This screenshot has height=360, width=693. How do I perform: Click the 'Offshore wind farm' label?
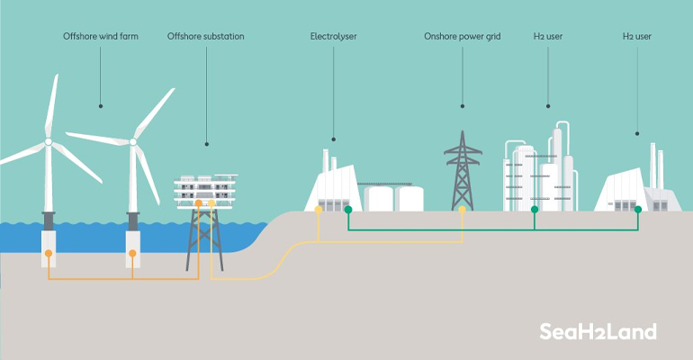[101, 37]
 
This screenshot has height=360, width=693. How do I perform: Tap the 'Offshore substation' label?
[205, 37]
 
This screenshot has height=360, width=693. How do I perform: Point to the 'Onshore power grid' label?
[462, 37]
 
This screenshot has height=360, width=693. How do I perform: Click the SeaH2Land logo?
[598, 331]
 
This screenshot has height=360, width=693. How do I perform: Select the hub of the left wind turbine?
[48, 141]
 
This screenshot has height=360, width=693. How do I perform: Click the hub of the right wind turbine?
[133, 141]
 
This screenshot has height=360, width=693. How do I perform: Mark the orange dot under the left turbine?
[48, 254]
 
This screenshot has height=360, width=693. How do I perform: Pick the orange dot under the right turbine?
[133, 254]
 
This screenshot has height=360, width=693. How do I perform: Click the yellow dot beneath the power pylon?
[463, 210]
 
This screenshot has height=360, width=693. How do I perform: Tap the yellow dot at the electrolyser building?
[319, 210]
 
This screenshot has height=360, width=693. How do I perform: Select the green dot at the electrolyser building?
[348, 210]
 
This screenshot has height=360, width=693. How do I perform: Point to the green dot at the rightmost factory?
[637, 210]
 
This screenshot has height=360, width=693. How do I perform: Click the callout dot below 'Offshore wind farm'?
[101, 106]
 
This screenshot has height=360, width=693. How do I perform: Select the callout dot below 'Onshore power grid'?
[462, 106]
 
